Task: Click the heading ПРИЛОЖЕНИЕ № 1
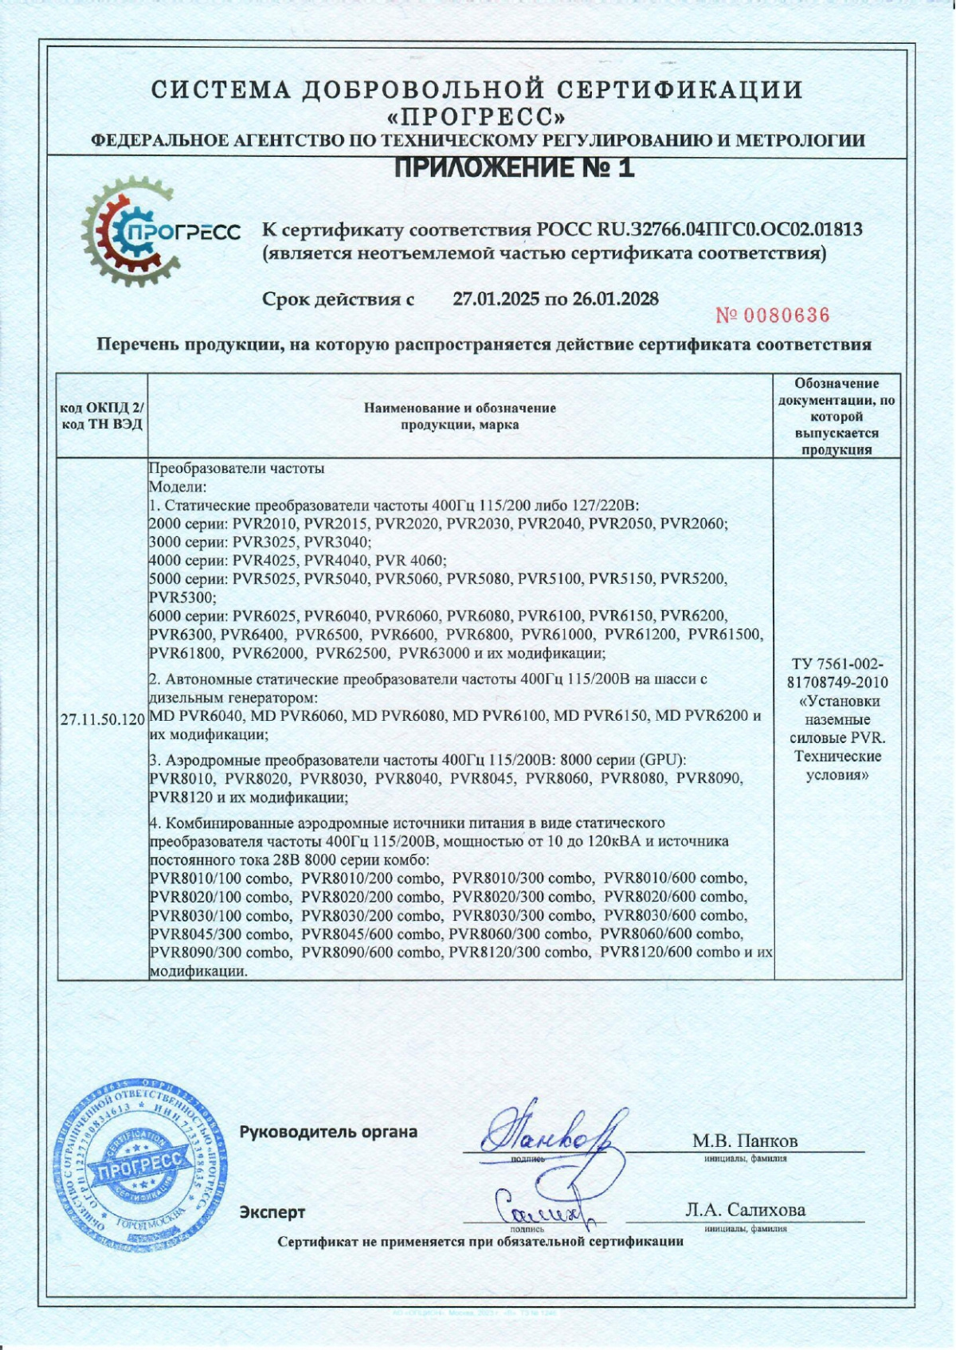click(515, 169)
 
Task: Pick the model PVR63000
click(433, 654)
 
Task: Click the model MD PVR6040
click(197, 716)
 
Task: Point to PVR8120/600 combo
click(660, 953)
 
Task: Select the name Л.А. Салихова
click(745, 1210)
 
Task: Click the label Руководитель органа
click(328, 1132)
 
